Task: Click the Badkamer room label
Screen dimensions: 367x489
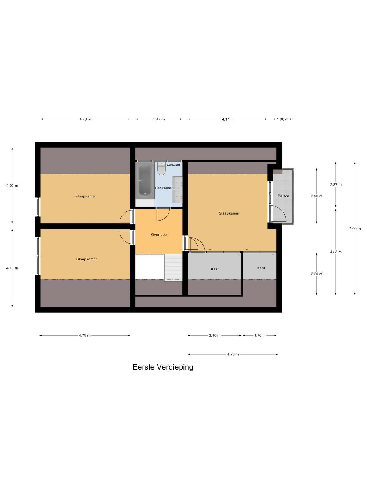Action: [x=164, y=188]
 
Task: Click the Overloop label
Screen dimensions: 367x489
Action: [x=159, y=235]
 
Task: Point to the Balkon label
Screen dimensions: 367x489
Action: [x=283, y=196]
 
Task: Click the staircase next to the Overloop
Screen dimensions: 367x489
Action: [x=173, y=268]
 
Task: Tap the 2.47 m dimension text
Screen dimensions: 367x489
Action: [x=159, y=119]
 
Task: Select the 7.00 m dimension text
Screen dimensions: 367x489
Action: [x=355, y=229]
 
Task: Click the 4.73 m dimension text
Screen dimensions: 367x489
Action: [x=233, y=354]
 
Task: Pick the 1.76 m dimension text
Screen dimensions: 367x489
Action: [x=260, y=335]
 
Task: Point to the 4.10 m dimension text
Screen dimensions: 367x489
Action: [x=12, y=268]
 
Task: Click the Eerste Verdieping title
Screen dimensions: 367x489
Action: [x=163, y=367]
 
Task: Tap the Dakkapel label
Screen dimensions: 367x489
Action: [x=173, y=165]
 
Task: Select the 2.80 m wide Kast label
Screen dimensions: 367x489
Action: [x=215, y=269]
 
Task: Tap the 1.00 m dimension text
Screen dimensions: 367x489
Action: [x=283, y=119]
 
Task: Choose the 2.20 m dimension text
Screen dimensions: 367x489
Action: [x=317, y=274]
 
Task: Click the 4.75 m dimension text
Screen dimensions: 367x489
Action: [x=85, y=335]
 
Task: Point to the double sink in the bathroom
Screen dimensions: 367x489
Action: [x=178, y=189]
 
